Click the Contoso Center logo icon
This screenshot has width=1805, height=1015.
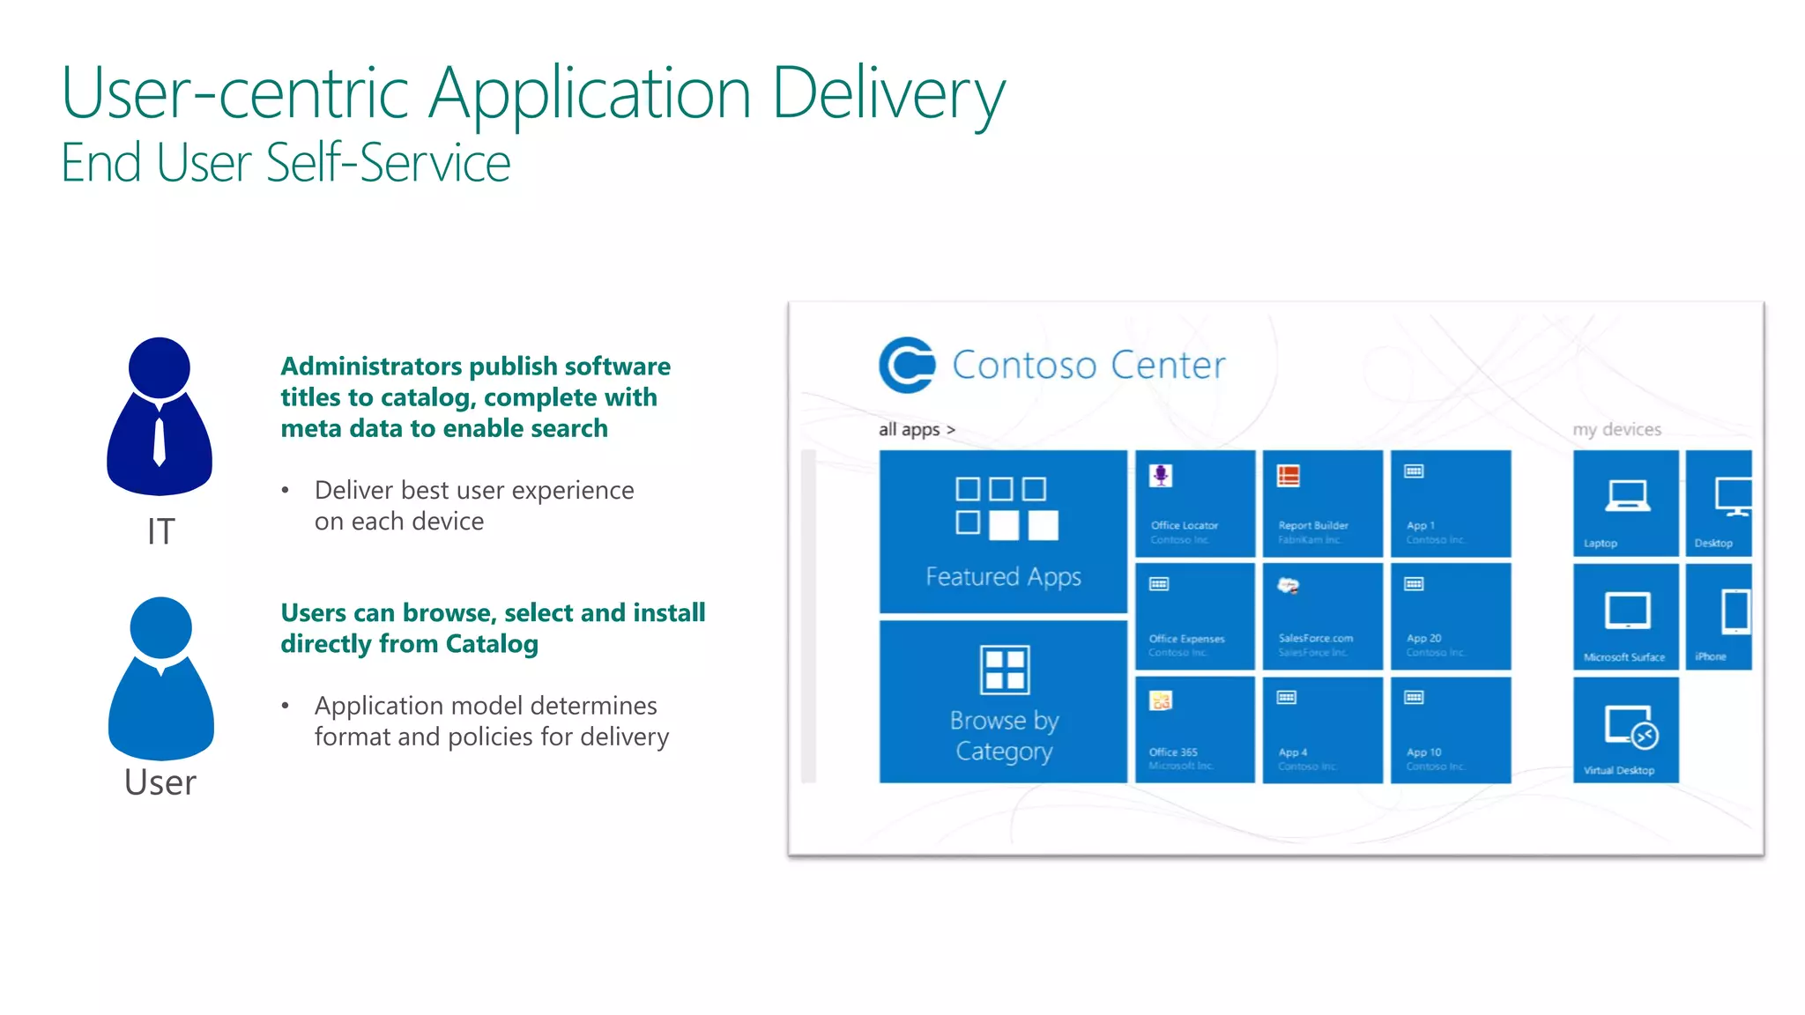pos(907,365)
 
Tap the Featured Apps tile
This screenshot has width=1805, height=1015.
pos(1003,531)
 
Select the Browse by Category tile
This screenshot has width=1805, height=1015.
pos(1003,701)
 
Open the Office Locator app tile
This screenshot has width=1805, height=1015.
pos(1194,503)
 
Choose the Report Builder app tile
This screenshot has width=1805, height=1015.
pos(1322,503)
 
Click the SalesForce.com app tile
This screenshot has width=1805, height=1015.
pos(1322,617)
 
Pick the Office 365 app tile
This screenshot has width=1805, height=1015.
pos(1194,730)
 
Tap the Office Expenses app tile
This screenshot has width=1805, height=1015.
pos(1194,617)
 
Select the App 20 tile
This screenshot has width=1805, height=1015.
pos(1450,617)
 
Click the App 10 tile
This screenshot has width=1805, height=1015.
pos(1450,730)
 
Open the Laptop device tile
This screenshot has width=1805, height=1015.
pos(1625,503)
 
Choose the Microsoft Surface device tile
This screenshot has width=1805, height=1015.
pos(1625,617)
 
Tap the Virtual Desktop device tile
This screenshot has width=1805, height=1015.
pos(1625,730)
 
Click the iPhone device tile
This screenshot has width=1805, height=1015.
pos(1719,617)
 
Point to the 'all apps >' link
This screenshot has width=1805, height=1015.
pos(917,430)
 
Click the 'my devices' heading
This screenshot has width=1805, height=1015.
pos(1616,430)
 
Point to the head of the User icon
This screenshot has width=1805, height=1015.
pos(160,627)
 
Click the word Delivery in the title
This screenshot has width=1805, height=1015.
pos(888,93)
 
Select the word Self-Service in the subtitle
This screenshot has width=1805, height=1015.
pos(388,164)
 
